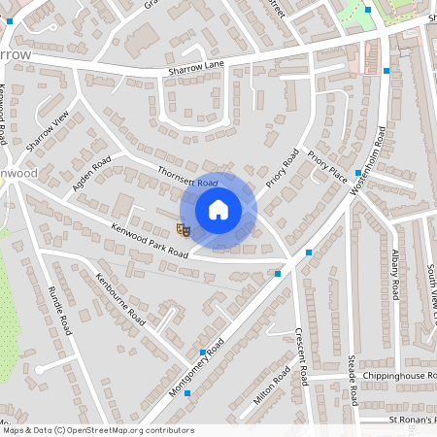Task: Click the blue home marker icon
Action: click(x=218, y=210)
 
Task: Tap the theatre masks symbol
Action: click(x=182, y=229)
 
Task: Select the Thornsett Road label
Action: click(x=187, y=177)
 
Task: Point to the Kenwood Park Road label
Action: click(x=149, y=238)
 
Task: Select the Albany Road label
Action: click(x=395, y=273)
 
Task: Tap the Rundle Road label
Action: click(x=60, y=311)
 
